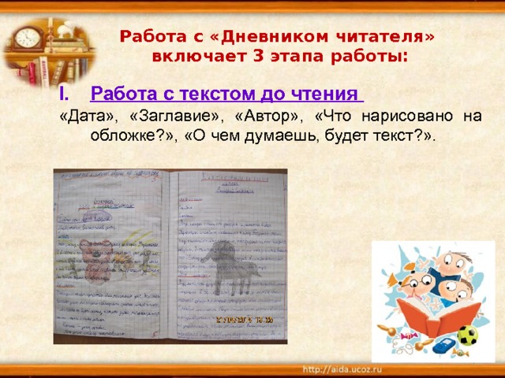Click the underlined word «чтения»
324,94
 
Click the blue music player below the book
445,344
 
